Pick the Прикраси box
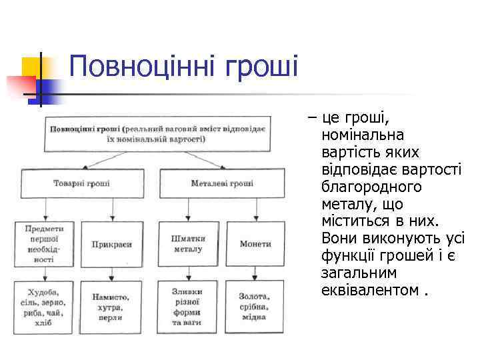(x=112, y=244)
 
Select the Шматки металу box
(x=187, y=244)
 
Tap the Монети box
(x=255, y=244)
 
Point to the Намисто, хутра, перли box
(x=112, y=307)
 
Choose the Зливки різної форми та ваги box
(x=187, y=307)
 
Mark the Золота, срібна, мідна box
(x=255, y=307)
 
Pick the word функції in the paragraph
(x=353, y=255)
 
